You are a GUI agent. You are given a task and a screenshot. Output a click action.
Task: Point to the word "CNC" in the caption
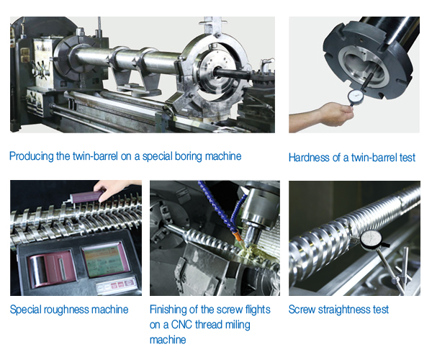(x=181, y=325)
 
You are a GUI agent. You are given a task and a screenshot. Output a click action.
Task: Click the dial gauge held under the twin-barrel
(x=356, y=96)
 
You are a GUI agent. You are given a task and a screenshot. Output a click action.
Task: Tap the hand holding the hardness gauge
(x=336, y=114)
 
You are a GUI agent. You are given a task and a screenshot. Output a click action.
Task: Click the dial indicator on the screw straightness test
(x=371, y=240)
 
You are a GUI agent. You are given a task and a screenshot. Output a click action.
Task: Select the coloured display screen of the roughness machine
(x=106, y=259)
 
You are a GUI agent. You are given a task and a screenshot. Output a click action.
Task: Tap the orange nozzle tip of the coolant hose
(x=238, y=237)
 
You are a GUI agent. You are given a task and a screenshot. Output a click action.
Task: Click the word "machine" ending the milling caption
(x=168, y=340)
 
